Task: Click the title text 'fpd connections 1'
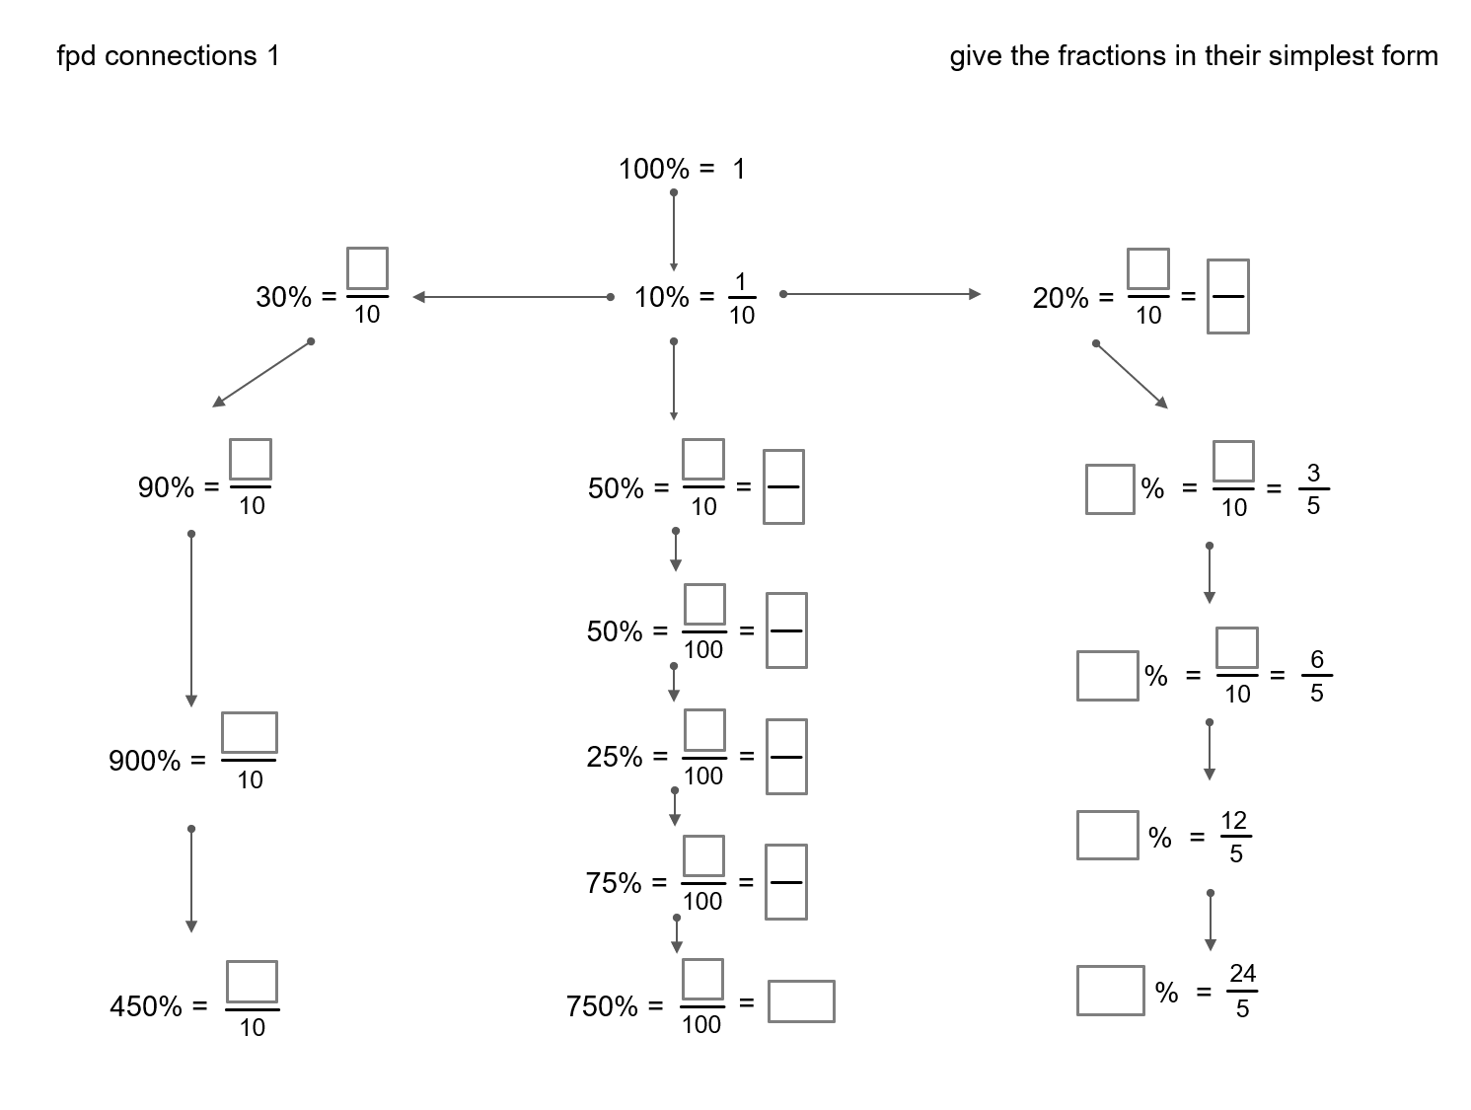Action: [169, 56]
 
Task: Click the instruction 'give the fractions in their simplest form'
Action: [1193, 56]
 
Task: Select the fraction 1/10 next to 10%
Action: [741, 298]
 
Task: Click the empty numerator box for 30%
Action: [367, 268]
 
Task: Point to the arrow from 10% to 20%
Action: [881, 294]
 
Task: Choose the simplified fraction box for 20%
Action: [1227, 296]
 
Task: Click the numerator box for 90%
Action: [251, 460]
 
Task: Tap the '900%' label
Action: [145, 761]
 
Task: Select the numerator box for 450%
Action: [252, 982]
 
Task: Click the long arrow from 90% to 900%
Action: [191, 620]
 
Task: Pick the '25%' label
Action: [614, 757]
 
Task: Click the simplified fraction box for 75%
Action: [785, 882]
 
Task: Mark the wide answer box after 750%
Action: [801, 1001]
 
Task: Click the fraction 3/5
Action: [1312, 488]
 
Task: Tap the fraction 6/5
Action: [1316, 676]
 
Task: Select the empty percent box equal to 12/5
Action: [1107, 835]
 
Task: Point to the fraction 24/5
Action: [1242, 991]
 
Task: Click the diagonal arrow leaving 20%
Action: [1132, 375]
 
